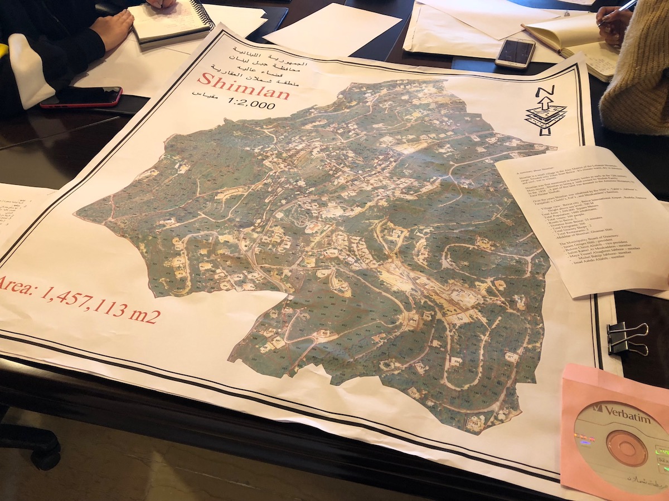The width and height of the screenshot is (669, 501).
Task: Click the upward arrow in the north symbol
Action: click(x=545, y=106)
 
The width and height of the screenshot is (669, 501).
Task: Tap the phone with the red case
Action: click(x=81, y=97)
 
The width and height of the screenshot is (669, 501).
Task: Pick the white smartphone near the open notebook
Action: click(x=515, y=53)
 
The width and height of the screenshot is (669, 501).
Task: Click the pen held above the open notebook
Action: click(x=618, y=12)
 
